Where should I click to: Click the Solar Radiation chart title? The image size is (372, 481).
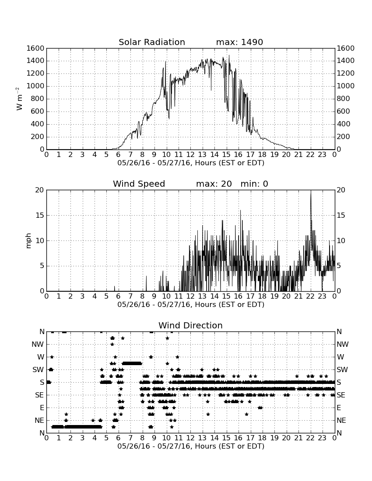point(152,42)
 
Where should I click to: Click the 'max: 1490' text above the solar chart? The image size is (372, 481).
point(239,42)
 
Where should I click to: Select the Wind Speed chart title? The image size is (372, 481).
point(139,184)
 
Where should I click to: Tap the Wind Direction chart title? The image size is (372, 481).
point(190,325)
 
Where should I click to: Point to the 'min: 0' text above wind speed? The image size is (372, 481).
point(254,184)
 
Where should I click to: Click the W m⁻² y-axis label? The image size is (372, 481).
point(19,99)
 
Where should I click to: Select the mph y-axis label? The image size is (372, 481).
point(28,241)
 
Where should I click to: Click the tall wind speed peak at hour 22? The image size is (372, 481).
point(311,191)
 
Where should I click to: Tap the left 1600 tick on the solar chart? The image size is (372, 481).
point(35,48)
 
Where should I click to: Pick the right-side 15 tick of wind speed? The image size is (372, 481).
point(340,215)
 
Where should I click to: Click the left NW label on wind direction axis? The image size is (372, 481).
point(38,345)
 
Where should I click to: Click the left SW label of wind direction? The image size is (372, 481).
point(38,369)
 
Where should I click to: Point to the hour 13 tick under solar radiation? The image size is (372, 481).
point(202,155)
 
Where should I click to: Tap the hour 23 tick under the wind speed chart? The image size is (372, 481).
point(322,296)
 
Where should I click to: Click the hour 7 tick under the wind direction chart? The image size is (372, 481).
point(130,438)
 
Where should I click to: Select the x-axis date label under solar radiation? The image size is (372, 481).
point(191,163)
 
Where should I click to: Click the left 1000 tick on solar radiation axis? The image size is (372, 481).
point(35,86)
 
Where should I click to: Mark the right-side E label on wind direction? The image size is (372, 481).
point(339,408)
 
